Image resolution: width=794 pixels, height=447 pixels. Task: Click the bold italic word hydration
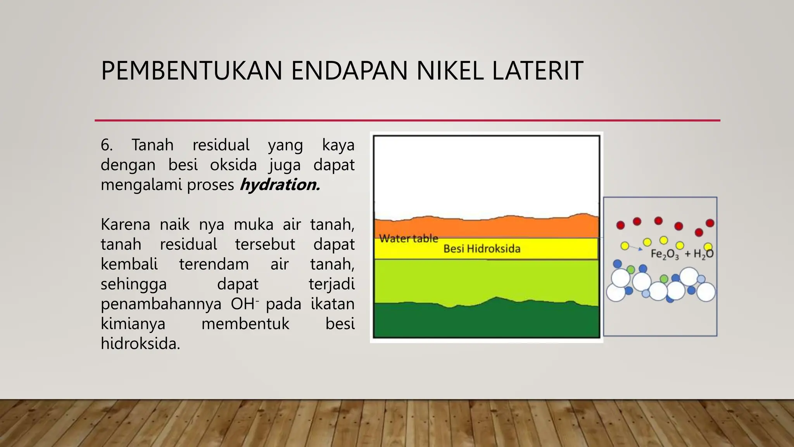[280, 185]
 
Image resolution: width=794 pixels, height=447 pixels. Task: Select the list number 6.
[107, 145]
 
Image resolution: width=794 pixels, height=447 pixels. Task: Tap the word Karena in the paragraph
[125, 225]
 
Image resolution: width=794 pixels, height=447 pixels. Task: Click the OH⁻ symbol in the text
[244, 304]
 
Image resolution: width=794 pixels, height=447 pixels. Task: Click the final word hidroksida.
[140, 344]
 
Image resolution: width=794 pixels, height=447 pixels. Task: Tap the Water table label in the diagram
[408, 238]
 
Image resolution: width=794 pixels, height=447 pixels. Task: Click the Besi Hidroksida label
[482, 249]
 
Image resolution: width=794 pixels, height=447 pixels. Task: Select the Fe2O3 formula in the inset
[665, 254]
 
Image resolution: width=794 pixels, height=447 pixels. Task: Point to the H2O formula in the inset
[703, 254]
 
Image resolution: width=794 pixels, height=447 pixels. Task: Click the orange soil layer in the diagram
[485, 227]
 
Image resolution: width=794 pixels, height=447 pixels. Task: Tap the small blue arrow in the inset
[636, 248]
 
